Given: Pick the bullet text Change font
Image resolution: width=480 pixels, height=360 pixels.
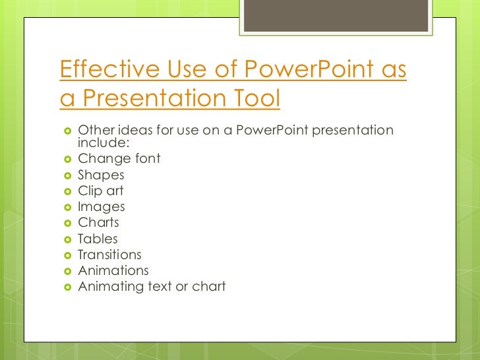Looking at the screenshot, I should coord(119,159).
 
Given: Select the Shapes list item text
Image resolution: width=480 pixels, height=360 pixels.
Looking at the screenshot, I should coord(101,175).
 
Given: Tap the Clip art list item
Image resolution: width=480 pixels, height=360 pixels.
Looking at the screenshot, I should coord(100,191).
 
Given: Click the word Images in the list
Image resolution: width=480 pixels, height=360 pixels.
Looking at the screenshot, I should coord(101,207).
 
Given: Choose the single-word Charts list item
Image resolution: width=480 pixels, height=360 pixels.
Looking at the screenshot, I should coord(98,223).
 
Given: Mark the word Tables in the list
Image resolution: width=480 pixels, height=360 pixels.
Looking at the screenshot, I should coord(98,239).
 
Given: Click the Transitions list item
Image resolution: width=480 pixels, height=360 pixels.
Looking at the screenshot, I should coord(109,255).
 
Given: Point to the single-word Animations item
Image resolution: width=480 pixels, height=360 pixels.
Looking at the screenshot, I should coord(113,270).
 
